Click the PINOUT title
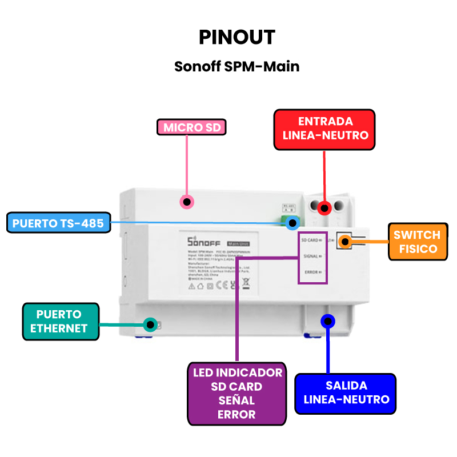(x=237, y=38)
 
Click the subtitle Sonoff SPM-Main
(x=236, y=67)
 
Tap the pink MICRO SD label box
(x=192, y=127)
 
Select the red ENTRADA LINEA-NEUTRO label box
(x=325, y=130)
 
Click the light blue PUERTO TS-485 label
(x=58, y=223)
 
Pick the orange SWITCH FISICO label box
(x=416, y=242)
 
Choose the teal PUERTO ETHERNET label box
(x=61, y=322)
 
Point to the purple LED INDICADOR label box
(x=237, y=394)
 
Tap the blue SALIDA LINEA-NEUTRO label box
(x=345, y=393)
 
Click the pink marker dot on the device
(x=186, y=202)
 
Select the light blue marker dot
(x=293, y=223)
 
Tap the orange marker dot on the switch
(x=344, y=242)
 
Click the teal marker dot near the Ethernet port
(x=150, y=324)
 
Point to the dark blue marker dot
(x=328, y=321)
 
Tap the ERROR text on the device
(x=312, y=272)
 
